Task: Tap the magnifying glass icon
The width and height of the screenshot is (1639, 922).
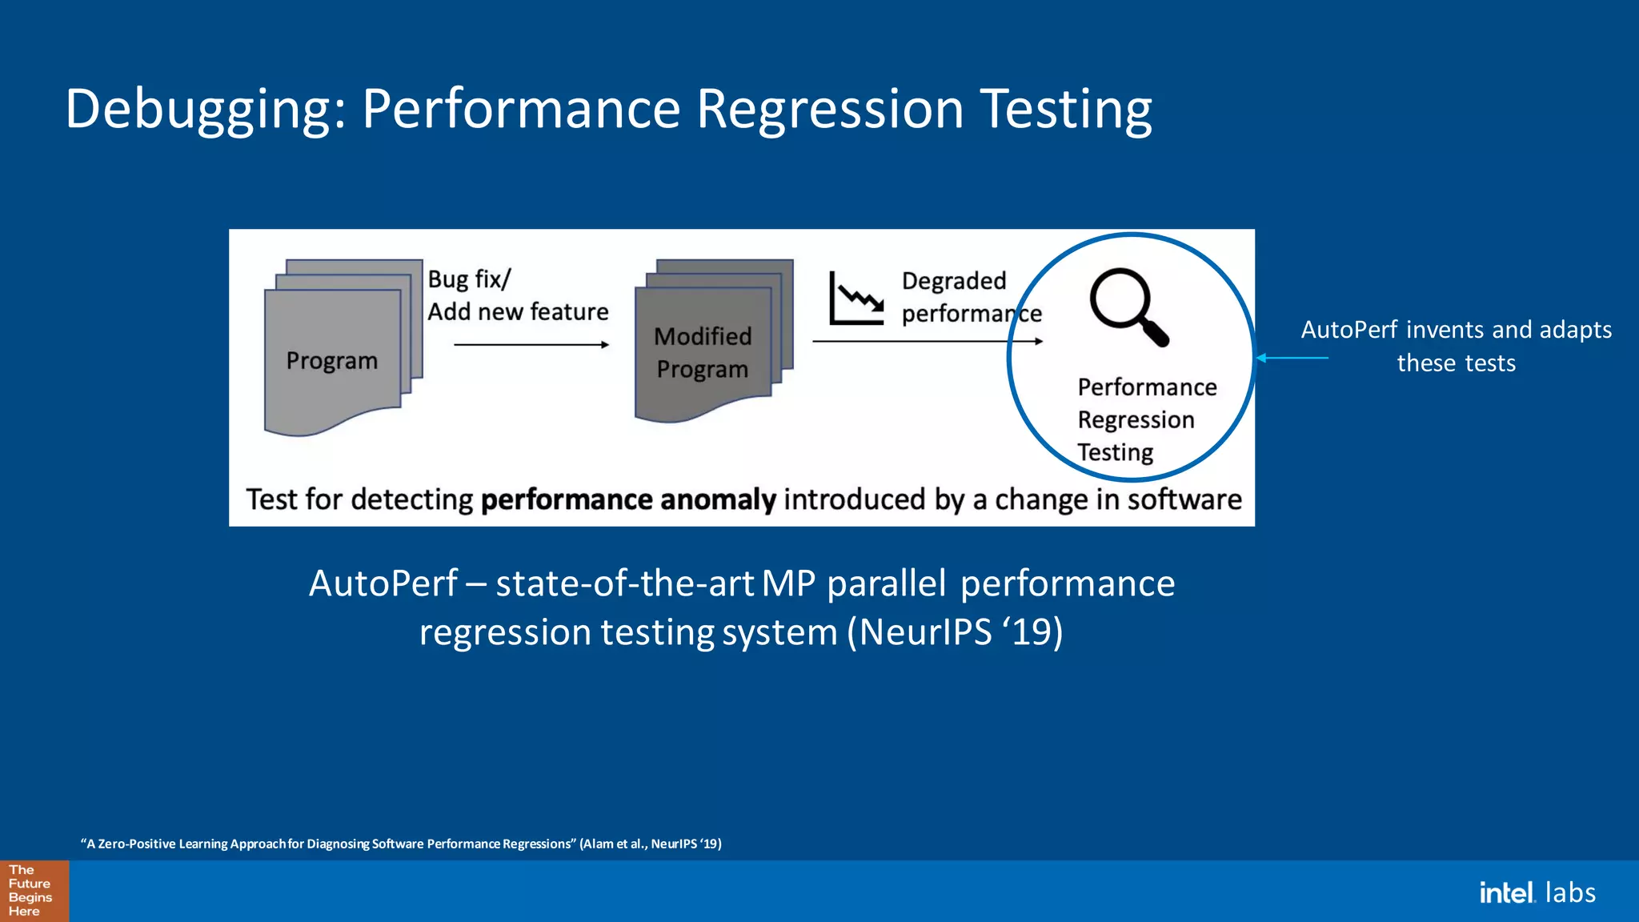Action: (x=1127, y=307)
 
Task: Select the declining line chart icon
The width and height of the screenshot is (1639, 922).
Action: (x=856, y=299)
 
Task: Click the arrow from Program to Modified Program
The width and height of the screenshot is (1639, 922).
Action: (x=531, y=345)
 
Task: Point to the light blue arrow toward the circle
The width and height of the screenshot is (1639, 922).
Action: (x=1292, y=358)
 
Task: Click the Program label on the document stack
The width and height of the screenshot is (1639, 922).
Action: (x=331, y=361)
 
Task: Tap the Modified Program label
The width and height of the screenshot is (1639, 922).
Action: (x=703, y=353)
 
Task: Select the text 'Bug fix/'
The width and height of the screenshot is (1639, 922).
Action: (x=469, y=279)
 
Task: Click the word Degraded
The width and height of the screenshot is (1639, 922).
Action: (x=953, y=281)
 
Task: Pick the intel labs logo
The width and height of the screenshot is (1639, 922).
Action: (x=1537, y=892)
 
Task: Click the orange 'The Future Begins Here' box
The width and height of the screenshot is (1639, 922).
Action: (x=34, y=891)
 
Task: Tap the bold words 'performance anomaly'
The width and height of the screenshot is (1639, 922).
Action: (x=627, y=499)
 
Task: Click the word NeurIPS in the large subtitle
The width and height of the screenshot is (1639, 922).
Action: (x=926, y=632)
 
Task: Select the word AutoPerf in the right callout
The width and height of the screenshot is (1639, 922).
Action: (x=1348, y=330)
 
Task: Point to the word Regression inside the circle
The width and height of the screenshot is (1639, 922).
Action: (x=1136, y=420)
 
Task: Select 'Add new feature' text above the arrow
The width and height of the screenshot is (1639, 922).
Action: (x=518, y=311)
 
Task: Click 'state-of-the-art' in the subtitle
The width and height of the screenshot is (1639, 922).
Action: (x=624, y=583)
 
